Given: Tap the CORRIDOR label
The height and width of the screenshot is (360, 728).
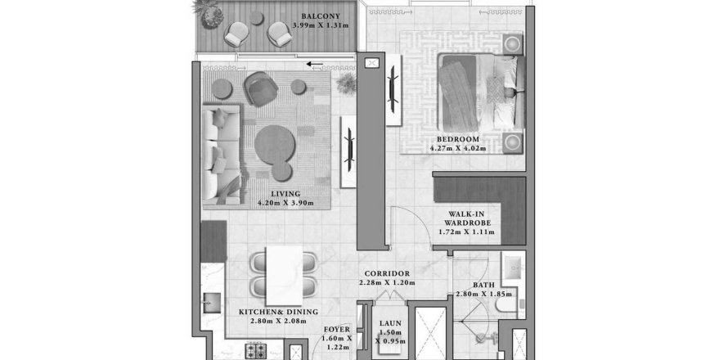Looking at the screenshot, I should point(387,273).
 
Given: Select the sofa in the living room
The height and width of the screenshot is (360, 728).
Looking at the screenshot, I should point(219,155).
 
